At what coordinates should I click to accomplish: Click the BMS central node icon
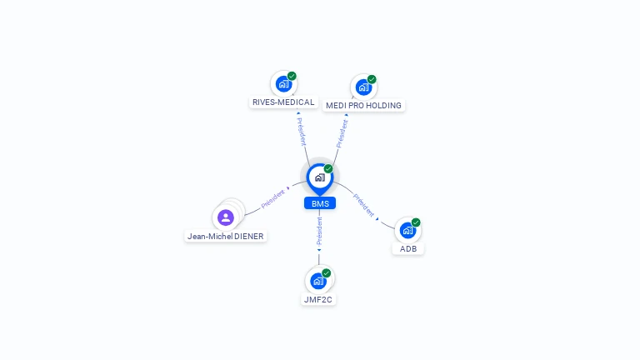pyautogui.click(x=319, y=177)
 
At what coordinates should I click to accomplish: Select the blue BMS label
pyautogui.click(x=320, y=203)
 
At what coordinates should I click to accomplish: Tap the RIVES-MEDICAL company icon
pyautogui.click(x=283, y=84)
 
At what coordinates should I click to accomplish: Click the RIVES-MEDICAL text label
pyautogui.click(x=283, y=102)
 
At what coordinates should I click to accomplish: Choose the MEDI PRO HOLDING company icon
pyautogui.click(x=362, y=87)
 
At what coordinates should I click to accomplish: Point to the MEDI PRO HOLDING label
pyautogui.click(x=363, y=106)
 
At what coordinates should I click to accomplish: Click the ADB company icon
pyautogui.click(x=407, y=230)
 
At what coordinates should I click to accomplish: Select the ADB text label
pyautogui.click(x=407, y=248)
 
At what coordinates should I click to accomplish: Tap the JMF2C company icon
pyautogui.click(x=318, y=281)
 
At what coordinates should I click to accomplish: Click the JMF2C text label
pyautogui.click(x=318, y=299)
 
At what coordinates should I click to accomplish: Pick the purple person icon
pyautogui.click(x=225, y=218)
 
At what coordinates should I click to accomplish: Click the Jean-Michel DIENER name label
pyautogui.click(x=225, y=237)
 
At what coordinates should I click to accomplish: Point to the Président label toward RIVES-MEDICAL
pyautogui.click(x=301, y=131)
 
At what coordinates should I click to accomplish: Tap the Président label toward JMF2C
pyautogui.click(x=319, y=232)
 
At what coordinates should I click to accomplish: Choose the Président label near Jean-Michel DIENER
pyautogui.click(x=273, y=198)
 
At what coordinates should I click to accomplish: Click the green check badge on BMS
pyautogui.click(x=328, y=168)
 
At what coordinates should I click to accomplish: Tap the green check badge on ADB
pyautogui.click(x=416, y=222)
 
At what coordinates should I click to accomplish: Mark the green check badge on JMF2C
pyautogui.click(x=327, y=273)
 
